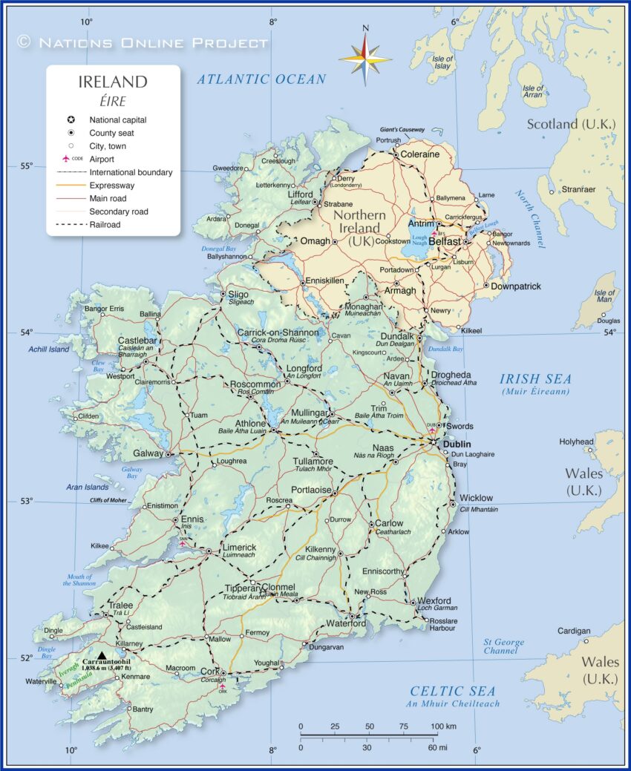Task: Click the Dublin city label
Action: (x=457, y=444)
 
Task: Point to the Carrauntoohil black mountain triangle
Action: (x=102, y=654)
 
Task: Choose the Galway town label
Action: (x=148, y=453)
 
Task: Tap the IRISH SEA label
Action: (x=534, y=378)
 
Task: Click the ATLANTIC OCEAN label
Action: (x=261, y=79)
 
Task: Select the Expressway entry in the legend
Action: (x=111, y=186)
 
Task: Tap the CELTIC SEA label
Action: (x=453, y=691)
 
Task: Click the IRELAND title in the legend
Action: (x=113, y=82)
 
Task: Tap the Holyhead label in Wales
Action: (x=576, y=442)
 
